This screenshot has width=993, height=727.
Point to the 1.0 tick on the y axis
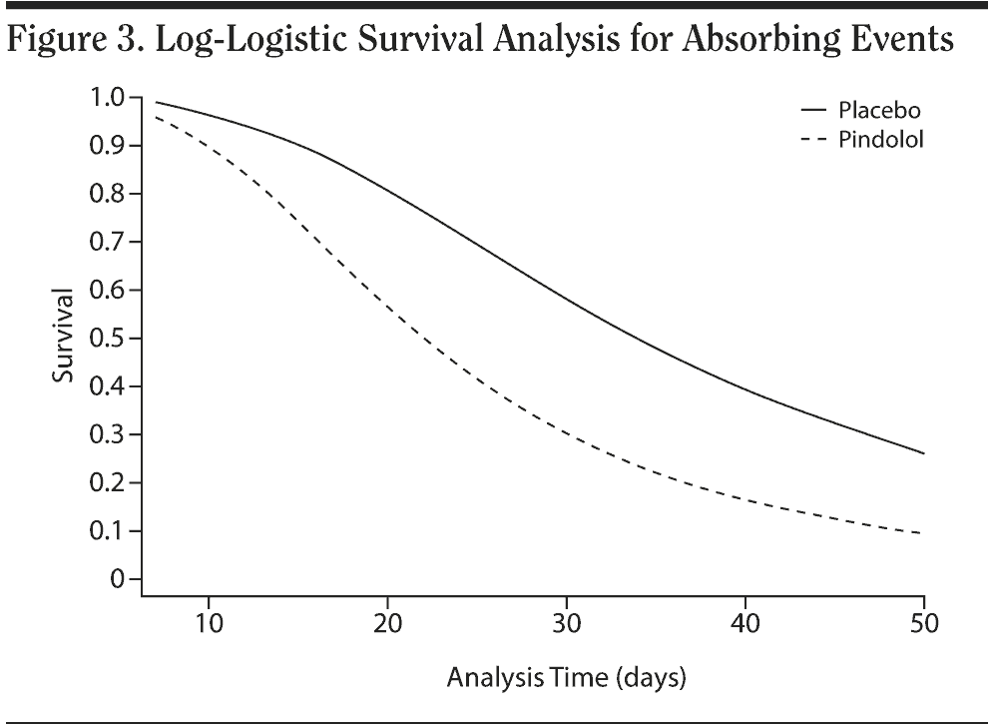(108, 98)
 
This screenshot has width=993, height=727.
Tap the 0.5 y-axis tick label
(108, 339)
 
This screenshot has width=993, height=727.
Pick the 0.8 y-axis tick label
(108, 194)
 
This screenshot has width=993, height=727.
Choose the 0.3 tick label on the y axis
(108, 435)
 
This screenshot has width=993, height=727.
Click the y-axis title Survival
(65, 338)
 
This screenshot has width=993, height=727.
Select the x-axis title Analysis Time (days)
(567, 679)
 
